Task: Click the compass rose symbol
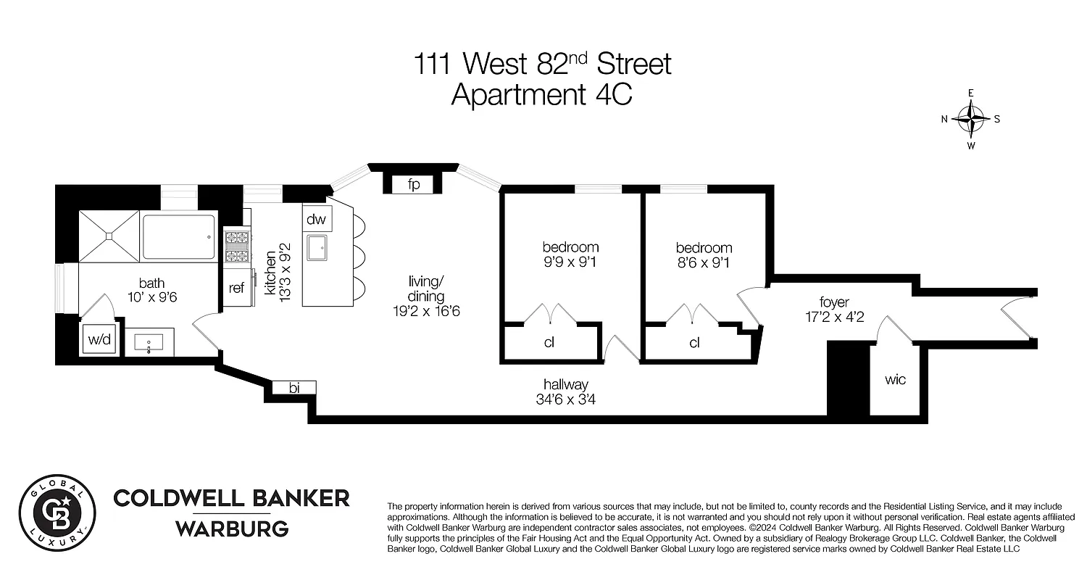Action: (x=971, y=119)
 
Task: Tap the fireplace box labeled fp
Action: (x=414, y=185)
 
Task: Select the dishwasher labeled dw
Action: (x=316, y=219)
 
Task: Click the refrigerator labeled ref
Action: (x=236, y=288)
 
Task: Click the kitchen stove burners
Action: (x=236, y=245)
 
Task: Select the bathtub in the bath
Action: (x=178, y=237)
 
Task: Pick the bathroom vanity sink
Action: (x=150, y=342)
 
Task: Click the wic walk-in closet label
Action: (x=896, y=380)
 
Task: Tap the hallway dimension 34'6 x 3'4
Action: (x=566, y=399)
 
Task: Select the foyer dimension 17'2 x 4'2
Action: (x=833, y=317)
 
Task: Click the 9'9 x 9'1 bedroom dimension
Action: (x=570, y=262)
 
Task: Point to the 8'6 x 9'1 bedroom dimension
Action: (x=703, y=262)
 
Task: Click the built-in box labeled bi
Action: (x=294, y=388)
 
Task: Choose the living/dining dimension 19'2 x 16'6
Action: (x=425, y=312)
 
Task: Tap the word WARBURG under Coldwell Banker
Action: (x=232, y=529)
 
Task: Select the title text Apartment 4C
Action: (x=542, y=95)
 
